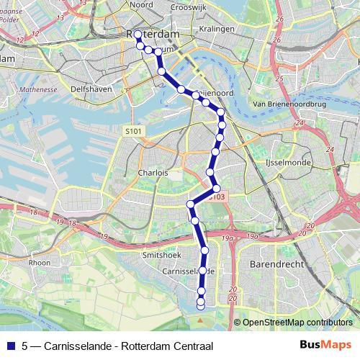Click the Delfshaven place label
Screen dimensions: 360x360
tap(89, 89)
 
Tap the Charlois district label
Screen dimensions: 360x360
tap(153, 174)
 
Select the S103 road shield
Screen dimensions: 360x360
tap(217, 197)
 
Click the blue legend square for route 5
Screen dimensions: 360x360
tap(10, 345)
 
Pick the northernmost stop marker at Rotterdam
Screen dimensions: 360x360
tap(138, 34)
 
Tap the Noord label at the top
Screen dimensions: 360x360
tap(141, 4)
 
